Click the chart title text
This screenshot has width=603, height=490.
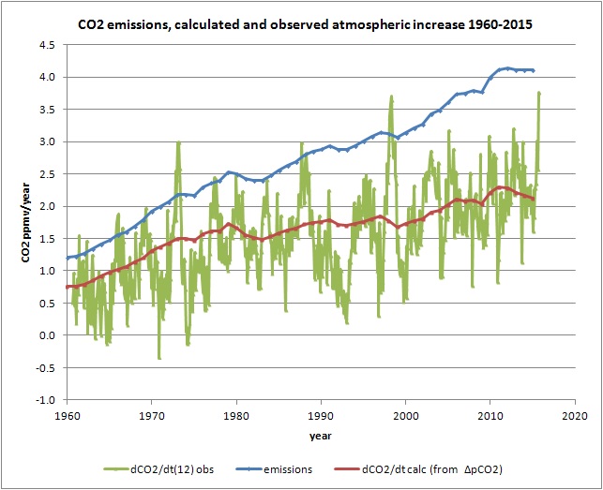(301, 22)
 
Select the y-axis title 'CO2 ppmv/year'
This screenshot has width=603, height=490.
(32, 218)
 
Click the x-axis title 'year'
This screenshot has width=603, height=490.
(320, 436)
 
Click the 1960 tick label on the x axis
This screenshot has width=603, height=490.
(67, 414)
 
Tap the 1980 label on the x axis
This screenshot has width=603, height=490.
(236, 414)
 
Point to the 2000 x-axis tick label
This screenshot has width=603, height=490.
(405, 414)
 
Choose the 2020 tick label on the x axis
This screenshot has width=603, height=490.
(574, 414)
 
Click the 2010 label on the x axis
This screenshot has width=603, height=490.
(490, 414)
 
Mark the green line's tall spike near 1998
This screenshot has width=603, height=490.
(390, 97)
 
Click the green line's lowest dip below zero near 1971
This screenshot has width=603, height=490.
(159, 358)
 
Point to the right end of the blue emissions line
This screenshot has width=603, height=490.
(534, 70)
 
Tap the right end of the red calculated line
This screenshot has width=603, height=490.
(534, 199)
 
